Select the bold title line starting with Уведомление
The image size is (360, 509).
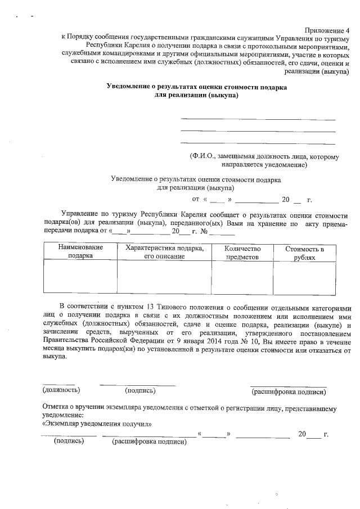(197, 87)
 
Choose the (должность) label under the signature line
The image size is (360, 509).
(61, 390)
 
